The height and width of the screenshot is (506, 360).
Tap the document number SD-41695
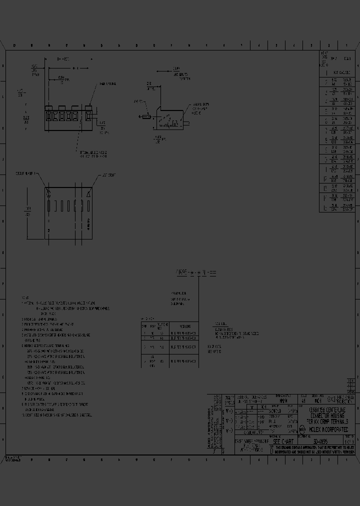point(320,442)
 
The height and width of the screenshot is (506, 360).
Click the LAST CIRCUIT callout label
point(109,176)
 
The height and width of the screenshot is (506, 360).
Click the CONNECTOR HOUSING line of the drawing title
point(327,414)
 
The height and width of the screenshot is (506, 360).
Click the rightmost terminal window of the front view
point(88,117)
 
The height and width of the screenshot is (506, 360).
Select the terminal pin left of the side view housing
point(145,117)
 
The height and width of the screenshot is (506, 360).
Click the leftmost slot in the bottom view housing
point(49,206)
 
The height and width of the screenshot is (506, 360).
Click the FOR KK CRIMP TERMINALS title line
point(327,421)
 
